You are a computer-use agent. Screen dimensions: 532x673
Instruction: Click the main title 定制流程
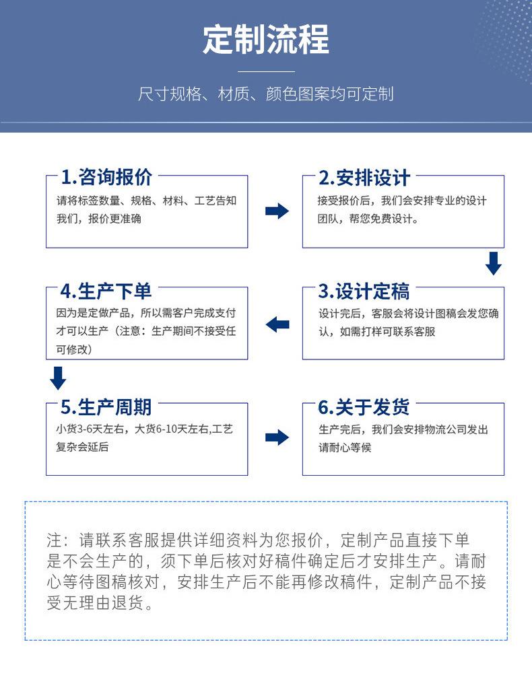266,40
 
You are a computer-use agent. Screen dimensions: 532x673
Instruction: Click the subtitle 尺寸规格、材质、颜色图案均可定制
266,94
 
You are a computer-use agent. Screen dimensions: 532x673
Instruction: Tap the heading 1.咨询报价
106,178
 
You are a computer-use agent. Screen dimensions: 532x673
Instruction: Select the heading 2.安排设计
364,178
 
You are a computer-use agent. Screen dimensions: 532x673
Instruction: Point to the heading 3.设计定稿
364,291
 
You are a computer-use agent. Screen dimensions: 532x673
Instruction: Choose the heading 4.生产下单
106,291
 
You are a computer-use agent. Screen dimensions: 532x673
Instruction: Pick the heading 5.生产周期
106,407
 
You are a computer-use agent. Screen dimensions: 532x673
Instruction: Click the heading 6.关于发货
364,407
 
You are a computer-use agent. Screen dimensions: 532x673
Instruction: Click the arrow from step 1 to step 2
277,211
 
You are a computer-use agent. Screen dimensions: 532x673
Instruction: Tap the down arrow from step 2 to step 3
494,263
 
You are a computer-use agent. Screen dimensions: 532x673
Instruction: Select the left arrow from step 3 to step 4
277,324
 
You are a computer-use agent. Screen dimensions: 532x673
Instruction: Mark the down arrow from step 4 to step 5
58,378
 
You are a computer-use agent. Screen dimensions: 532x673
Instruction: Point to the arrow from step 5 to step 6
277,437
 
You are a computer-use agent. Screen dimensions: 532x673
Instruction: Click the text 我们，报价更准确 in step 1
98,219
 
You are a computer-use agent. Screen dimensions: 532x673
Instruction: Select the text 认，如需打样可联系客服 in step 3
376,332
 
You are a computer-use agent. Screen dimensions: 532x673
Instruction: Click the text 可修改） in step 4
74,349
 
